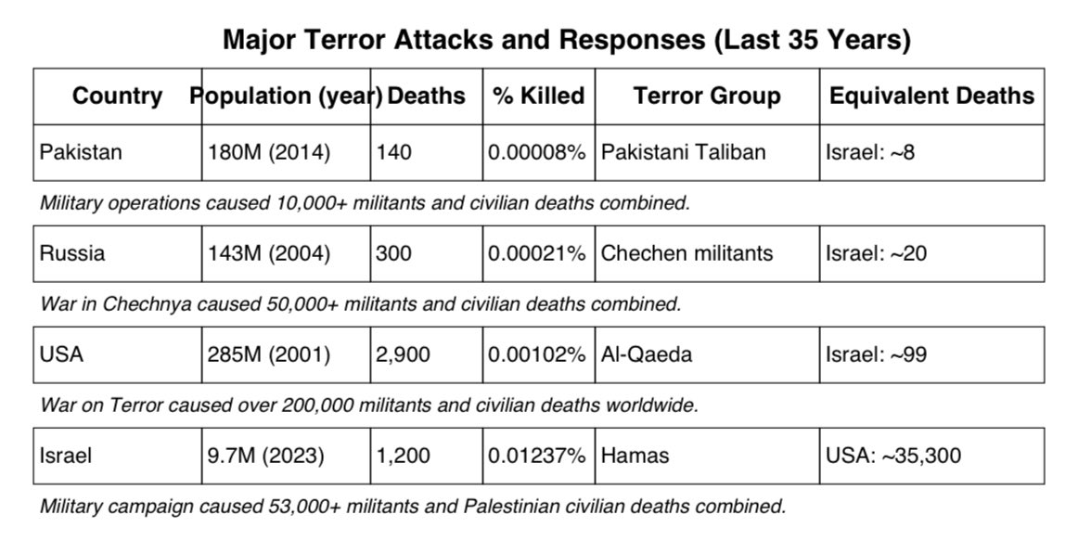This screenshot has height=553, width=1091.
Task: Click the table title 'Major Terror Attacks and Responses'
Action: click(x=567, y=41)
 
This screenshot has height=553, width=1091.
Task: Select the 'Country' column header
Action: click(x=117, y=96)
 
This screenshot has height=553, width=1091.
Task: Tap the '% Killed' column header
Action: click(x=538, y=96)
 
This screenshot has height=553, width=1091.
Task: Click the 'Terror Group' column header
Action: click(x=707, y=96)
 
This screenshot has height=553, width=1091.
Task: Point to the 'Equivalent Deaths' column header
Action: click(x=931, y=96)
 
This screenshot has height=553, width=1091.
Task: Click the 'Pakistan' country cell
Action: click(x=81, y=152)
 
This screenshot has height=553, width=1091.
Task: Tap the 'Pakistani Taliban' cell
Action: click(x=684, y=152)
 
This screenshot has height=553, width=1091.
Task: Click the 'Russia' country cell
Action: click(x=72, y=253)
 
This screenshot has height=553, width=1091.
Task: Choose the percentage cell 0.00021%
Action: click(x=537, y=253)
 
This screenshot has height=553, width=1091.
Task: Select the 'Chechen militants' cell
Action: click(x=687, y=253)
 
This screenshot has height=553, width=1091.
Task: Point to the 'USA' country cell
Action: click(x=61, y=354)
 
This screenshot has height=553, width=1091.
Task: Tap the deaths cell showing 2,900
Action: click(x=404, y=354)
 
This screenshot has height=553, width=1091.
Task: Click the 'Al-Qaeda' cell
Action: click(x=647, y=354)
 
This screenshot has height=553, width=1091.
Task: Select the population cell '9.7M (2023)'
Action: click(x=266, y=456)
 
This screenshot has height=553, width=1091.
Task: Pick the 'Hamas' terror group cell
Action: click(x=635, y=456)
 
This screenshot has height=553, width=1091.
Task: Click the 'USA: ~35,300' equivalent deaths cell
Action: click(x=893, y=456)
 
